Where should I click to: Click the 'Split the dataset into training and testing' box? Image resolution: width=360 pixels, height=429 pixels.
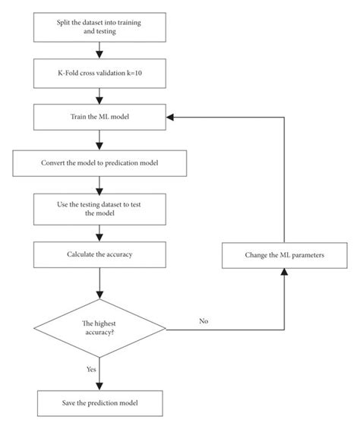pos(99,27)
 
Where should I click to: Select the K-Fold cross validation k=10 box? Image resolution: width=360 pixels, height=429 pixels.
pos(99,74)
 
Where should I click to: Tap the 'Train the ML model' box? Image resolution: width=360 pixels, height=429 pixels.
pos(99,117)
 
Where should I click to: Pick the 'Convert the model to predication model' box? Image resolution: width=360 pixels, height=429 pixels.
pos(99,163)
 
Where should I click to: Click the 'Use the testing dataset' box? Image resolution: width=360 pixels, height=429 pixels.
pos(99,210)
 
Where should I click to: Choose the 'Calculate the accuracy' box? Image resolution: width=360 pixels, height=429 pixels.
pos(99,254)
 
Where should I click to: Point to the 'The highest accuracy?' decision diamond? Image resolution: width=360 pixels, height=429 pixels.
pos(99,328)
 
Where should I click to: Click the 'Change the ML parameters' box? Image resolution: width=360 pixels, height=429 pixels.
pos(285,255)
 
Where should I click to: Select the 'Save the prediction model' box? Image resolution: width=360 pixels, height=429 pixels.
pos(100,403)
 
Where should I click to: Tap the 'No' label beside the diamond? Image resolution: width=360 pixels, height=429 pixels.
pos(204,321)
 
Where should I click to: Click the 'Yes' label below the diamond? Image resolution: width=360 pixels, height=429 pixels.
pos(91,369)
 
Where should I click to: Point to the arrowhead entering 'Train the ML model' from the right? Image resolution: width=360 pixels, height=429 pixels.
pos(170,118)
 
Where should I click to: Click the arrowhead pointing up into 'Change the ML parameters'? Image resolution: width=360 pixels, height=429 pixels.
pos(285,272)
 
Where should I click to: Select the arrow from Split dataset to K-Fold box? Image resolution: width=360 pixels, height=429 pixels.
pos(99,50)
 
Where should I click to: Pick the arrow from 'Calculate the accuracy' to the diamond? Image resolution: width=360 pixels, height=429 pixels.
pos(99,283)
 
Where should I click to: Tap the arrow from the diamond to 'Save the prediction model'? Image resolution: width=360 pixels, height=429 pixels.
pos(99,374)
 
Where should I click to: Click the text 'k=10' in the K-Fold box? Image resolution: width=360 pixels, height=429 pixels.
pos(134,73)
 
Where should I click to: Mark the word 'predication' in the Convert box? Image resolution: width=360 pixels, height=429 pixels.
pos(122,163)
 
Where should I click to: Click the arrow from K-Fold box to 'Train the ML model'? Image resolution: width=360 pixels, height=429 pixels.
pos(99,96)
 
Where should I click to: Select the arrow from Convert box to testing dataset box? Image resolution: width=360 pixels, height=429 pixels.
pos(99,185)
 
